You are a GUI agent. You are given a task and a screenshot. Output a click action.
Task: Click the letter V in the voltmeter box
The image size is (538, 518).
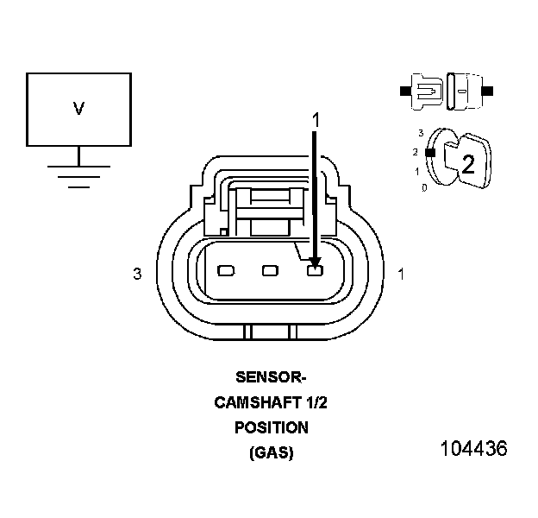(78, 109)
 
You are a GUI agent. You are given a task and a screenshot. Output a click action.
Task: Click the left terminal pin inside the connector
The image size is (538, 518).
(226, 271)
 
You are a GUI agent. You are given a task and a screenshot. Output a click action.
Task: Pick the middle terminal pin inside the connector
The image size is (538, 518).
(271, 271)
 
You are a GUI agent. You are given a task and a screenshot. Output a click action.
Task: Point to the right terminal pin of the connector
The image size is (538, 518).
(315, 272)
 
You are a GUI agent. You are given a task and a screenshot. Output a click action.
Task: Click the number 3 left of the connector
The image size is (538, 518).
(137, 275)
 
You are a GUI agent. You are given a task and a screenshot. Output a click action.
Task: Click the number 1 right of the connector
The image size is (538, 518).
(401, 275)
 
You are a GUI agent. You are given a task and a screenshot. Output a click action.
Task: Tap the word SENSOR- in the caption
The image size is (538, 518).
(271, 377)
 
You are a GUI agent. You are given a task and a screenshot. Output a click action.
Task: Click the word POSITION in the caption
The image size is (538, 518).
(271, 427)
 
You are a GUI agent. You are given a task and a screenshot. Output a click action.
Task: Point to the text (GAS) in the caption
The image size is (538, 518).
(271, 452)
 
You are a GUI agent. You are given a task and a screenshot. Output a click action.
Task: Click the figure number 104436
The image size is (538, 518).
(473, 449)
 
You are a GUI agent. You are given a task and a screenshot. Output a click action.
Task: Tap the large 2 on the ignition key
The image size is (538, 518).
(468, 165)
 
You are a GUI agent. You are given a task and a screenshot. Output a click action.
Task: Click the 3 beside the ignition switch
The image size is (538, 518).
(420, 133)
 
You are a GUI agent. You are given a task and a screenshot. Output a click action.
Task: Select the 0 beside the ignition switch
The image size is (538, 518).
(424, 186)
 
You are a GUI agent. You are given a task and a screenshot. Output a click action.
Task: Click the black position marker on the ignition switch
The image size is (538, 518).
(429, 153)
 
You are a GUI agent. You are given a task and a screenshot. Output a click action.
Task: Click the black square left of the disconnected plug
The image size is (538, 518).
(403, 90)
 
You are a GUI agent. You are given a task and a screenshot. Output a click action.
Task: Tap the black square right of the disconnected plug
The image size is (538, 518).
(489, 90)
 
